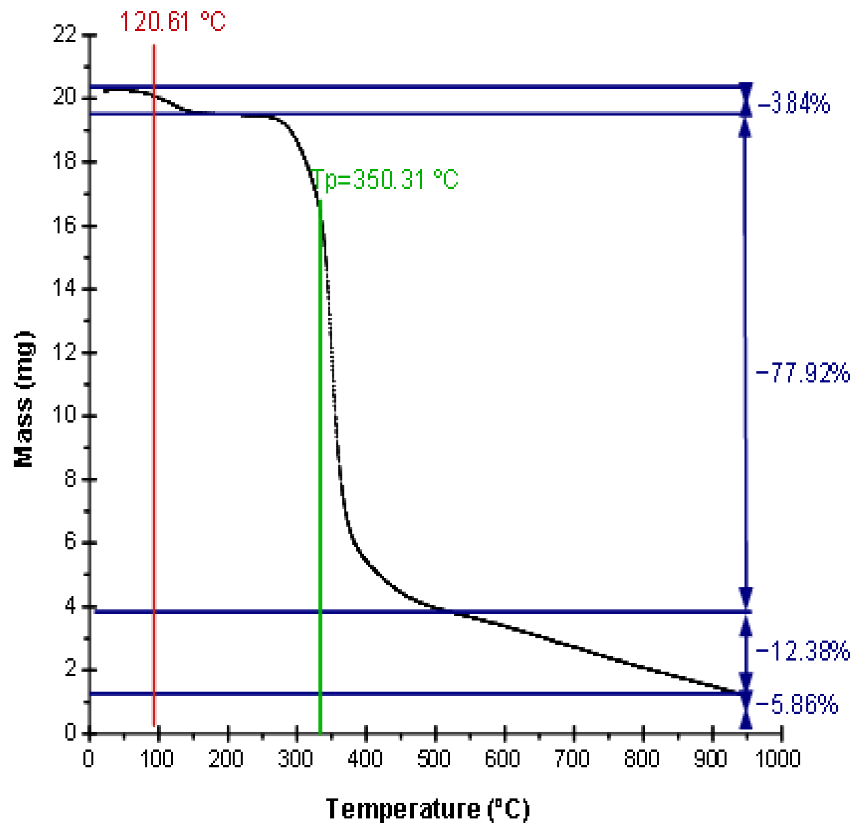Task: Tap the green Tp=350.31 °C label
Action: point(384,179)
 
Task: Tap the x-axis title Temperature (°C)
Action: point(428,809)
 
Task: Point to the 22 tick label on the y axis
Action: point(65,34)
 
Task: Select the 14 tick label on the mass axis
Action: point(65,288)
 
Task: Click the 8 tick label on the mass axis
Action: point(71,479)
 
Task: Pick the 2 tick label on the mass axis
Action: point(71,669)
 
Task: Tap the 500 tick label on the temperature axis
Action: point(434,759)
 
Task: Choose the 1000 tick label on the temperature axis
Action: point(778,759)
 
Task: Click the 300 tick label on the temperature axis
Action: point(296,759)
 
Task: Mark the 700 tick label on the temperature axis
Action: point(572,759)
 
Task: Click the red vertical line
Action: point(154,354)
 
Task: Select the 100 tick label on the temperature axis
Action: point(157,759)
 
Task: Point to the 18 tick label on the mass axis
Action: point(65,161)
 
